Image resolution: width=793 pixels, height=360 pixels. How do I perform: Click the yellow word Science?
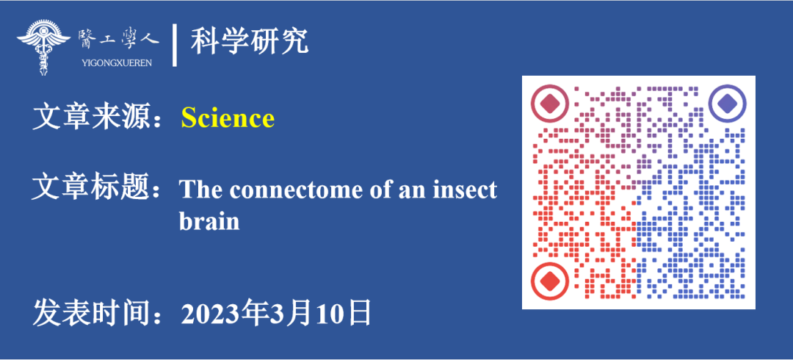(x=228, y=118)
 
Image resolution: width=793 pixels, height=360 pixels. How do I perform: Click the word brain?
(x=209, y=221)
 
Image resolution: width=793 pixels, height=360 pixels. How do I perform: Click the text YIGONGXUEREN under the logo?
(x=116, y=63)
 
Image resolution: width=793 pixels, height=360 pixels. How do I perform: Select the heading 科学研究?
(x=250, y=42)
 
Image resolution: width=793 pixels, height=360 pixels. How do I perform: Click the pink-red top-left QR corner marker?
(x=550, y=104)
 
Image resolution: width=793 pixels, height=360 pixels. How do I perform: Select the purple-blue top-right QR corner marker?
(x=727, y=104)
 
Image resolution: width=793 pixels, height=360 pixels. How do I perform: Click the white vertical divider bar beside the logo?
(x=175, y=45)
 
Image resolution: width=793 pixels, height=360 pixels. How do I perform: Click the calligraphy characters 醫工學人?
(x=118, y=40)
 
